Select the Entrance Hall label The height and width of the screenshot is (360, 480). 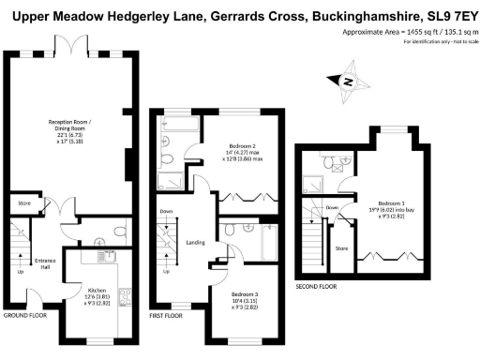45,263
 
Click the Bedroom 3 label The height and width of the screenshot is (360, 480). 247,300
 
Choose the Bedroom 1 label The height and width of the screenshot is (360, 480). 391,207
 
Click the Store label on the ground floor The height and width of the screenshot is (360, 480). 23,202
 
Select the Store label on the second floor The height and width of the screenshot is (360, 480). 341,248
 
